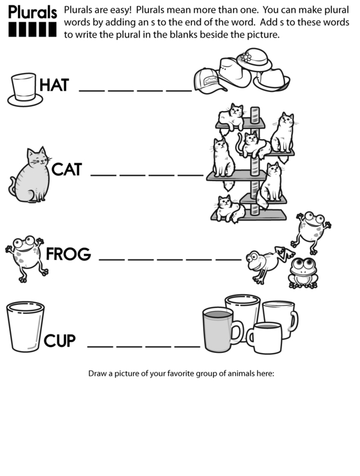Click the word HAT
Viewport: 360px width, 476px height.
tap(55, 85)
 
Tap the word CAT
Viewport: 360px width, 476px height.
tap(67, 169)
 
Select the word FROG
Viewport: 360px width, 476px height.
tap(68, 254)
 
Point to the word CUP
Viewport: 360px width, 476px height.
tap(59, 340)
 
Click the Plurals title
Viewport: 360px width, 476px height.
tap(32, 13)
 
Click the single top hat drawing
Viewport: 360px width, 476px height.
tap(25, 90)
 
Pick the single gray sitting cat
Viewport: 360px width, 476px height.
tap(30, 175)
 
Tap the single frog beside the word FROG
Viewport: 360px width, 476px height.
tap(26, 258)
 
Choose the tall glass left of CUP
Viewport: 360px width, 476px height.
tap(25, 327)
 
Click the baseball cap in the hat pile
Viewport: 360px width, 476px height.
tap(209, 80)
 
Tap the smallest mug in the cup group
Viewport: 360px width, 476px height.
tap(265, 338)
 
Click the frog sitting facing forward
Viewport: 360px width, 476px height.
tap(303, 273)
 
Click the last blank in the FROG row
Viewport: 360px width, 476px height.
tap(228, 259)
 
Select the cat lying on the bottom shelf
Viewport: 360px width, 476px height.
tap(228, 209)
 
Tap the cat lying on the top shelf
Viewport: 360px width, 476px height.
tap(231, 117)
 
